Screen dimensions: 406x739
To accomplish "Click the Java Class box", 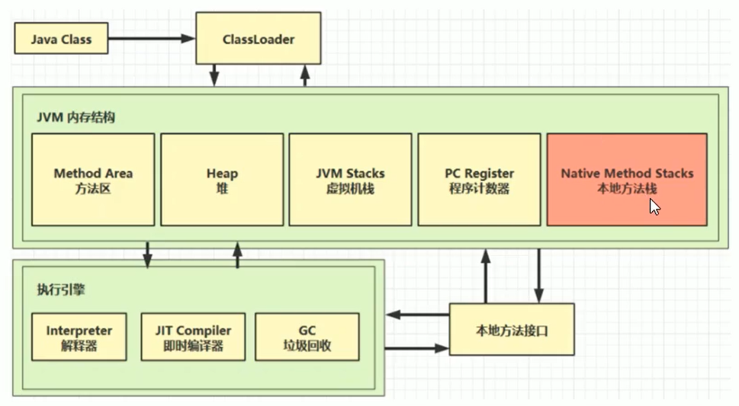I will pyautogui.click(x=60, y=39).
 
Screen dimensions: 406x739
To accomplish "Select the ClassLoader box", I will pyautogui.click(x=259, y=38).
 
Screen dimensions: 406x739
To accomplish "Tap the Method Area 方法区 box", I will pyautogui.click(x=93, y=180).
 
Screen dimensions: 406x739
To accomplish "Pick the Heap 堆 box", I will pyautogui.click(x=222, y=180).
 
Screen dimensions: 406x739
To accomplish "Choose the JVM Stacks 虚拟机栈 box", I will pyautogui.click(x=351, y=180).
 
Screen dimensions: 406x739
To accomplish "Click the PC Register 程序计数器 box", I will pyautogui.click(x=480, y=180).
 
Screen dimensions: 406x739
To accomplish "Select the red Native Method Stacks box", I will pyautogui.click(x=627, y=180).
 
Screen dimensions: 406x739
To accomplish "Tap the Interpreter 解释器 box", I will pyautogui.click(x=79, y=337).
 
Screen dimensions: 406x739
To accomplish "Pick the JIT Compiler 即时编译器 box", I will pyautogui.click(x=193, y=337).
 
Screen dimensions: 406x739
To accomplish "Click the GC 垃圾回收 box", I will pyautogui.click(x=307, y=337).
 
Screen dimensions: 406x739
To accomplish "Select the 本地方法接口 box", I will pyautogui.click(x=511, y=331).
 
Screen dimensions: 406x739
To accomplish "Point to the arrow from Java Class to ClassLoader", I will pyautogui.click(x=152, y=39).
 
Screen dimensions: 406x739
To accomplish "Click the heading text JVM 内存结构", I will pyautogui.click(x=76, y=118).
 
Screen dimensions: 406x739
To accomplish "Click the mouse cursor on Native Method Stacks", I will pyautogui.click(x=654, y=206).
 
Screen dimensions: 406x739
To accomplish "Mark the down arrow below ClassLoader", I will pyautogui.click(x=215, y=75).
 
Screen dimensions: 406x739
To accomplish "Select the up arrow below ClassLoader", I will pyautogui.click(x=306, y=75).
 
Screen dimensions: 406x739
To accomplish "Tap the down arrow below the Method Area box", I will pyautogui.click(x=147, y=254).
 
